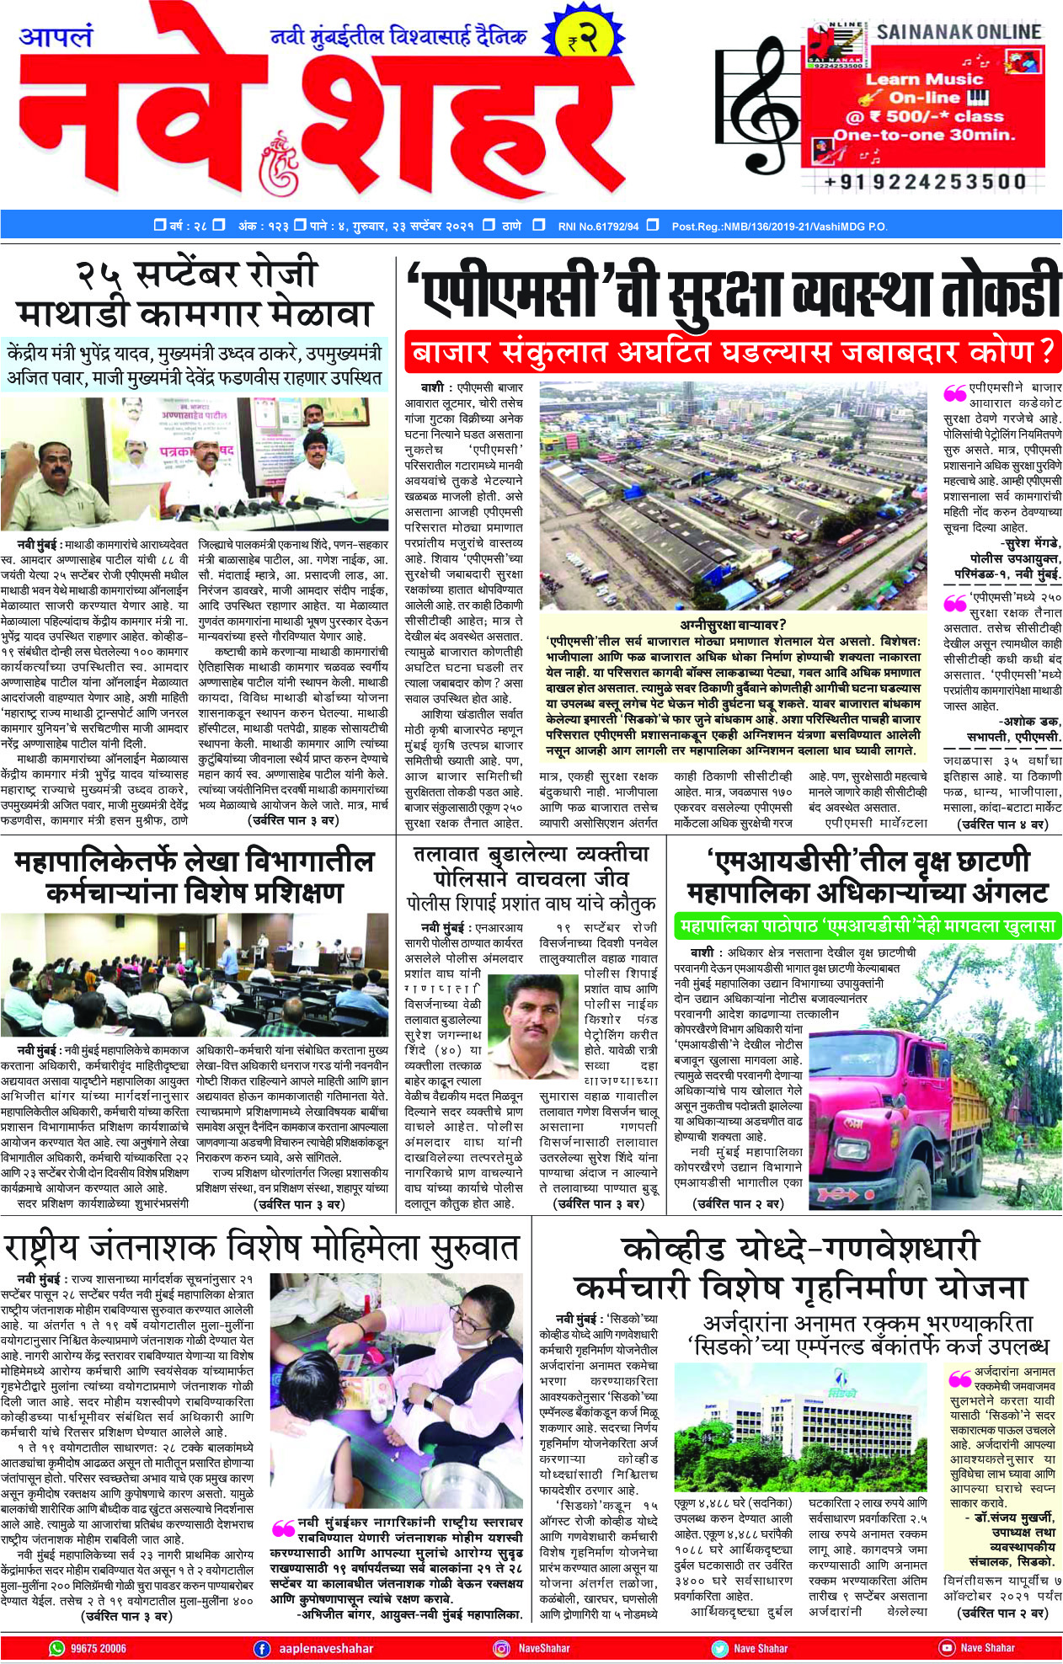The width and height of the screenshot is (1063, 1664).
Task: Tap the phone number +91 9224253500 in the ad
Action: coord(926,181)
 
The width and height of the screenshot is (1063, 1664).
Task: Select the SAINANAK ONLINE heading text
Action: coord(959,32)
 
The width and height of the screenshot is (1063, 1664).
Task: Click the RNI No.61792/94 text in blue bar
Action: coord(598,227)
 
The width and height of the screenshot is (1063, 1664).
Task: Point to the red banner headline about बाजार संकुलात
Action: coord(732,352)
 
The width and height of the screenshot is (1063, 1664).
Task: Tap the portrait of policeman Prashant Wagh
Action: coord(534,1023)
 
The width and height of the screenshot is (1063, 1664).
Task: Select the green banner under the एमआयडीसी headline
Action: coord(867,926)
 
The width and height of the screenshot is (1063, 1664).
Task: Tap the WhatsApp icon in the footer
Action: coord(56,1648)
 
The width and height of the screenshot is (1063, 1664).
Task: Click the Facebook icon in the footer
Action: coord(262,1648)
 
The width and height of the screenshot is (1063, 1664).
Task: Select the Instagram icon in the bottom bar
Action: coord(502,1648)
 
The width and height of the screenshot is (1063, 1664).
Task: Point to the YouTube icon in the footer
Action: coord(947,1648)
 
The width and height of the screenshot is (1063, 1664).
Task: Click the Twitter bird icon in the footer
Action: coord(719,1648)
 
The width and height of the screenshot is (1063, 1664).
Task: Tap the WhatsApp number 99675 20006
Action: coord(99,1648)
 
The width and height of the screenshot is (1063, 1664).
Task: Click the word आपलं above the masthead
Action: coord(56,38)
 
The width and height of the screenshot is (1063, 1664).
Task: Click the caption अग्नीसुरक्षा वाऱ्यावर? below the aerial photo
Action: coord(734,624)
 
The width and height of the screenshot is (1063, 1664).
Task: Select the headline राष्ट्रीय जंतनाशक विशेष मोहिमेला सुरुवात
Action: coord(262,1247)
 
